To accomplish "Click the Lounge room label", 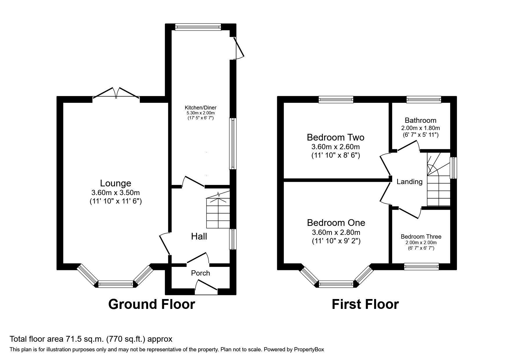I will click(x=116, y=183).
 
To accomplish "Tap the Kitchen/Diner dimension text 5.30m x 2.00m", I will click(x=201, y=113).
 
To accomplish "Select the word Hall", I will click(x=199, y=236).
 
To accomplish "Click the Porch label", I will click(x=201, y=273).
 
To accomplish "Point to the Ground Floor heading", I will click(x=152, y=304).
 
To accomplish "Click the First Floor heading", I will click(x=365, y=304).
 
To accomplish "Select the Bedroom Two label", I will click(x=336, y=137).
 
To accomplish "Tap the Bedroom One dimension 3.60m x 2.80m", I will click(x=336, y=232).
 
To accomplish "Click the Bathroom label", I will click(x=421, y=120).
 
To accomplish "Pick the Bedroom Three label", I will click(x=421, y=237).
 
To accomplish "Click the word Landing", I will click(x=410, y=182).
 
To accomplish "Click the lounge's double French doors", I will click(x=116, y=93).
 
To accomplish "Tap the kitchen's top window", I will click(x=198, y=27).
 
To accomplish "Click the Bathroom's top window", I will click(x=424, y=100).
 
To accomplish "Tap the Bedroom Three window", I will click(x=421, y=266).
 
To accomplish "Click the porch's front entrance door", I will click(x=206, y=286).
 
